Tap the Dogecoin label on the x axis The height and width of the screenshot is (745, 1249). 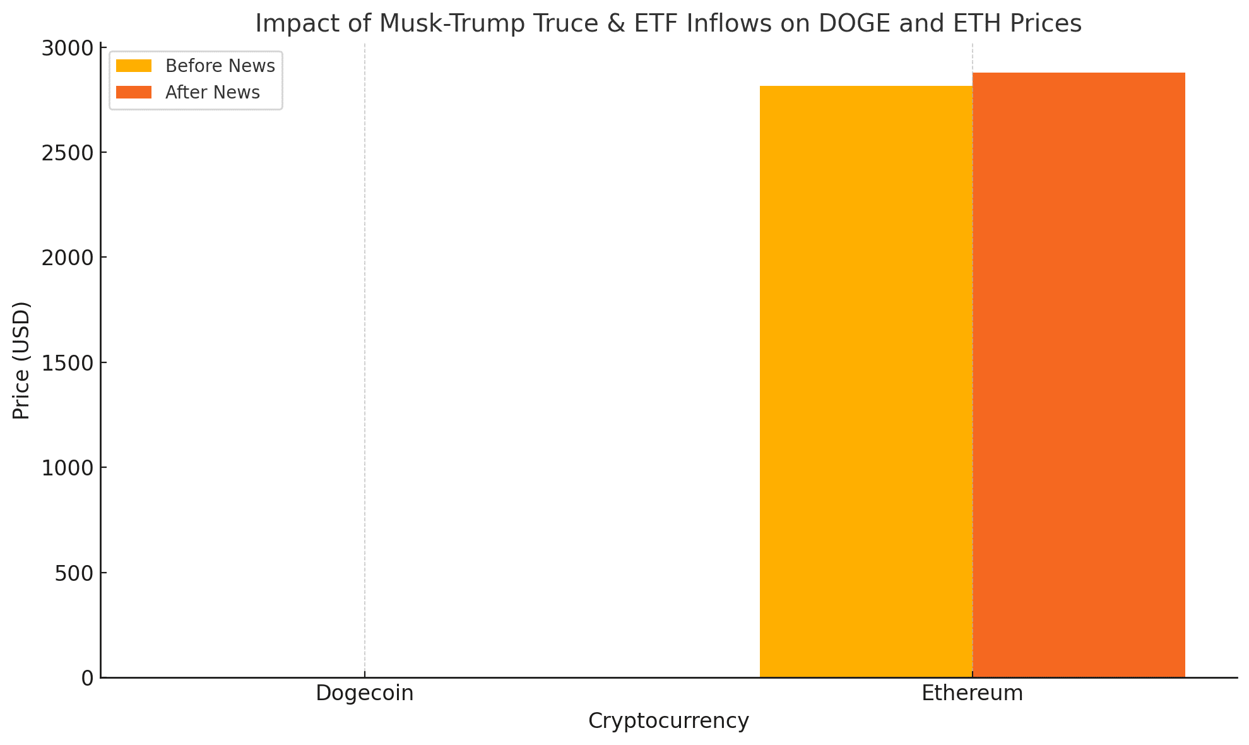(x=364, y=693)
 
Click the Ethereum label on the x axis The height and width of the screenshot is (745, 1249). (x=972, y=693)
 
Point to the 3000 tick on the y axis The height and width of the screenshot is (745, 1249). (x=66, y=49)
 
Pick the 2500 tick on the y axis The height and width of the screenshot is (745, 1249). (x=66, y=153)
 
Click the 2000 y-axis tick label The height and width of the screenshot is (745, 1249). (x=66, y=258)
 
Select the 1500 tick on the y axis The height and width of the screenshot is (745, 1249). (x=66, y=363)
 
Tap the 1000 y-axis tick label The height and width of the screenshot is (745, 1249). (x=66, y=468)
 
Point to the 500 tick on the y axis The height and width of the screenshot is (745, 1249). (x=74, y=573)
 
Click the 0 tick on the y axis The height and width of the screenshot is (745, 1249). (x=88, y=678)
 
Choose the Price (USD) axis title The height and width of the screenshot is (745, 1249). (x=21, y=361)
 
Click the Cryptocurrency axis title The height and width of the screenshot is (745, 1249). (x=668, y=721)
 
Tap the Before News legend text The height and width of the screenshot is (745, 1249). (x=220, y=66)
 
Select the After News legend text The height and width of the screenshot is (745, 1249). (x=212, y=93)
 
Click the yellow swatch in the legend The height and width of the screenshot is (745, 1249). (x=134, y=66)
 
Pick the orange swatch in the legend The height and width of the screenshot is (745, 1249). (x=134, y=93)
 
